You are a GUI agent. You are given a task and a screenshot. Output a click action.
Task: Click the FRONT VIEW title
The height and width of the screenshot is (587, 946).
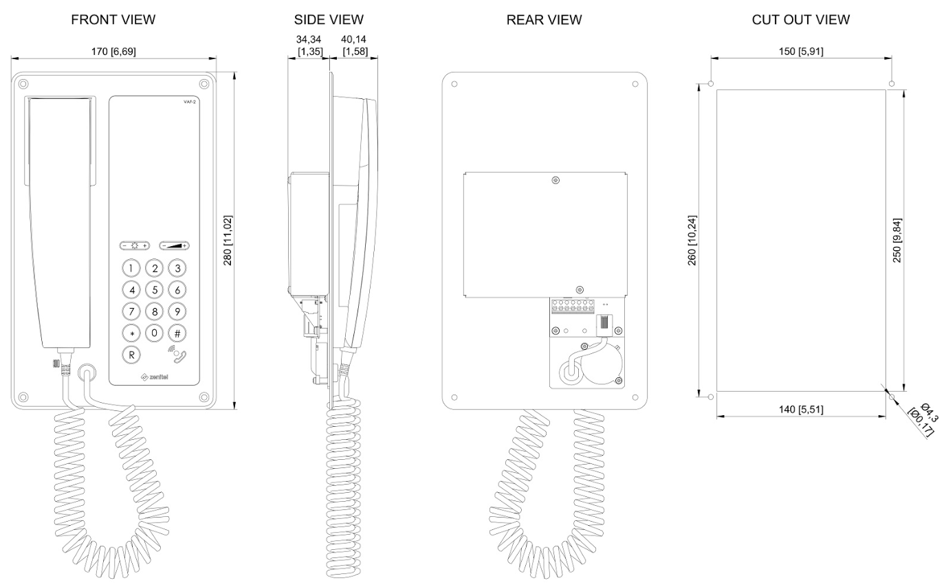pyautogui.click(x=113, y=20)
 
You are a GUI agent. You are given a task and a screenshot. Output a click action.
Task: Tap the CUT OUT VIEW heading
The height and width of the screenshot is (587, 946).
pyautogui.click(x=800, y=20)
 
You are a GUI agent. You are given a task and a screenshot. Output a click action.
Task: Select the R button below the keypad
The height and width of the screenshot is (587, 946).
pyautogui.click(x=133, y=355)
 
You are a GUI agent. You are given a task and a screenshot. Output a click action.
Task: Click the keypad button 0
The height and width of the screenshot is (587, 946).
pyautogui.click(x=155, y=333)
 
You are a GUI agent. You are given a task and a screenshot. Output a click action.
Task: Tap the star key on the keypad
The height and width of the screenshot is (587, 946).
pyautogui.click(x=133, y=333)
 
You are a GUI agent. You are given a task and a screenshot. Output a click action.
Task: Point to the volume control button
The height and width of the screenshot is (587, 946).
pyautogui.click(x=174, y=245)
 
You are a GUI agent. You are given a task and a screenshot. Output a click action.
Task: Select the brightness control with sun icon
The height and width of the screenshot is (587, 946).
pyautogui.click(x=135, y=245)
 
